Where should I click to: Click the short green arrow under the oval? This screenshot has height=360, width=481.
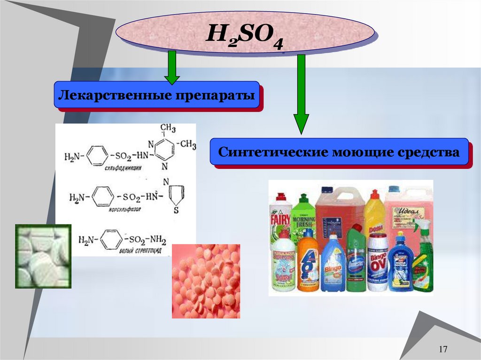pyautogui.click(x=172, y=68)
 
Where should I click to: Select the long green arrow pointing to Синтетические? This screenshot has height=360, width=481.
pyautogui.click(x=301, y=94)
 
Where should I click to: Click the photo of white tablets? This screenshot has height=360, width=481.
pyautogui.click(x=43, y=256)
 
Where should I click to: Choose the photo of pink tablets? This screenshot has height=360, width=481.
pyautogui.click(x=206, y=281)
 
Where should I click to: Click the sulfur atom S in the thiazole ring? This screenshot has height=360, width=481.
pyautogui.click(x=176, y=211)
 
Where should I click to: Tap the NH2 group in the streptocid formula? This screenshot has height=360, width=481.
pyautogui.click(x=155, y=240)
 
